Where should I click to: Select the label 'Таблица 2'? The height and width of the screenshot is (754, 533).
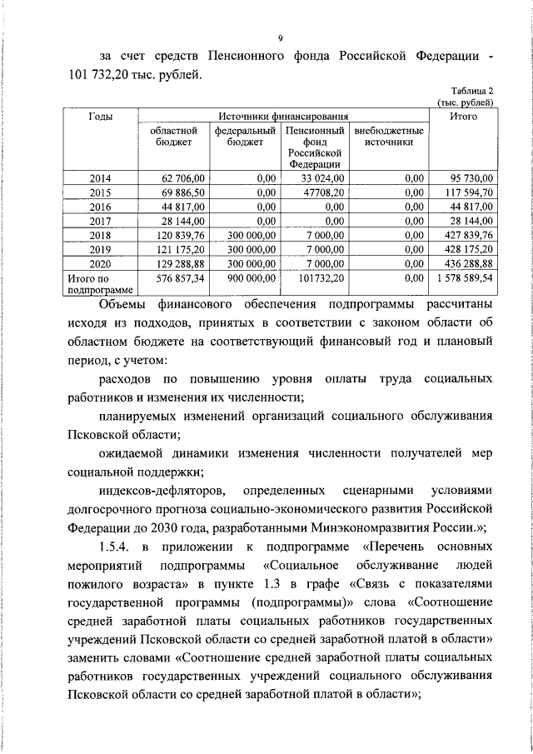472,91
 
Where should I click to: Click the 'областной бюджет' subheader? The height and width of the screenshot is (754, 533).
173,137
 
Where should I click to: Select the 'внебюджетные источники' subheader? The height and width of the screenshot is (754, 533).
388,137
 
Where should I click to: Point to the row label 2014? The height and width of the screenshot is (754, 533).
101,177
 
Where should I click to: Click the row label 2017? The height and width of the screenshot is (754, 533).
101,221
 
